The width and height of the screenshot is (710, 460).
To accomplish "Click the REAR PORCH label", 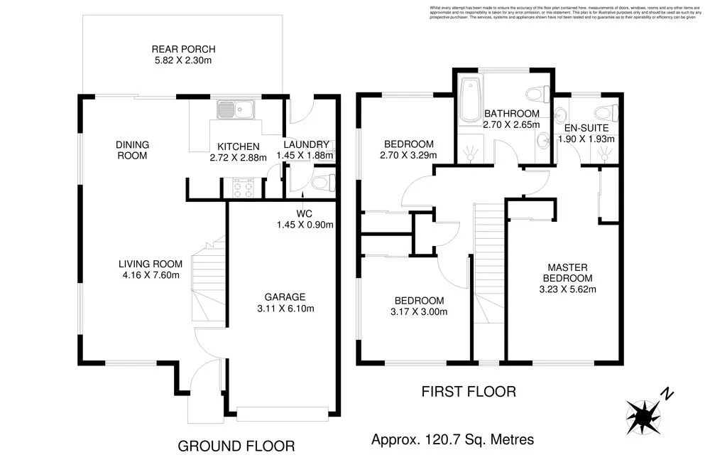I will tap(183, 50).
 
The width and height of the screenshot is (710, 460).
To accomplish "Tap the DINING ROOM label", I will tap(132, 149).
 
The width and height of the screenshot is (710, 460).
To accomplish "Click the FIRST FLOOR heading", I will tap(468, 391).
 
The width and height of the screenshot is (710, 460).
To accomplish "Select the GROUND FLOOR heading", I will tap(236, 446).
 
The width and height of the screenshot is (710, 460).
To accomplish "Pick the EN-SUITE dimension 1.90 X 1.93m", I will tap(586, 139).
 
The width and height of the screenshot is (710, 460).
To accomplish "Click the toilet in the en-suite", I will tap(606, 112).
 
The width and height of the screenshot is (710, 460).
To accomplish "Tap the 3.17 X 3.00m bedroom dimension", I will tap(419, 311).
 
